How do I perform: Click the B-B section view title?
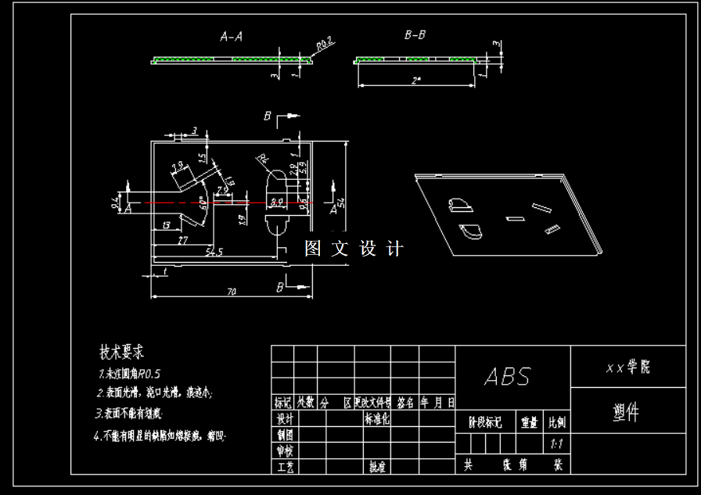(415, 35)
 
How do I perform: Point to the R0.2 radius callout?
(325, 45)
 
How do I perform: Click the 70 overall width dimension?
(232, 292)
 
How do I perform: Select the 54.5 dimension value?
(214, 252)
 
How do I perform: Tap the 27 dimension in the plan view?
(182, 239)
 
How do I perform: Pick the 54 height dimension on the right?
(342, 203)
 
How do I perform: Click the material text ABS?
(507, 377)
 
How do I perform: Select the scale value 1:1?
(558, 443)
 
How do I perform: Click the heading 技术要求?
(121, 351)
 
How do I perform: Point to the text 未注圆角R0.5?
(128, 372)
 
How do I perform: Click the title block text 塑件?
(625, 413)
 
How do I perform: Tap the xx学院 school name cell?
(627, 367)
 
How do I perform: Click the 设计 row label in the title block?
(283, 418)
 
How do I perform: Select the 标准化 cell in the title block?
(377, 418)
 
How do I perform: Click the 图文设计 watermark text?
(354, 249)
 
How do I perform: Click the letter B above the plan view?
(268, 117)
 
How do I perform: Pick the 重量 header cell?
(530, 422)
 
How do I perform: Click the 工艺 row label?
(283, 466)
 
